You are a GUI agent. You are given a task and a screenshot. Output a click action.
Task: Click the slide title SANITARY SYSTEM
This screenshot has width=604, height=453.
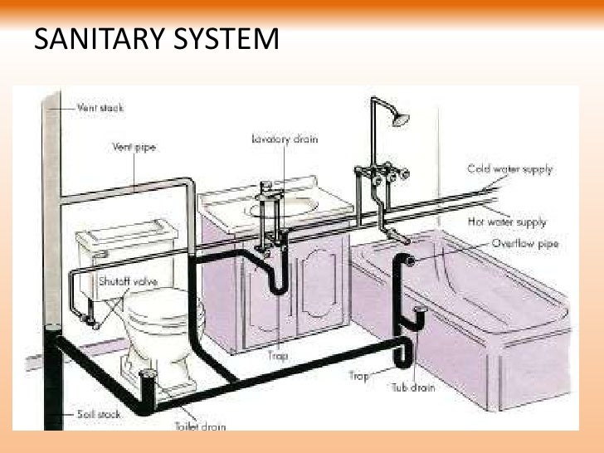tap(156, 39)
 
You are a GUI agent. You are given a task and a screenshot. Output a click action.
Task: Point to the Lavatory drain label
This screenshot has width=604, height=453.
tap(282, 139)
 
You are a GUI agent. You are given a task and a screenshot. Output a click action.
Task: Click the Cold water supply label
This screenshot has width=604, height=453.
tap(509, 168)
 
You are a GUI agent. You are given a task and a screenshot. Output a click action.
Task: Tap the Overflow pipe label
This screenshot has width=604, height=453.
tap(524, 244)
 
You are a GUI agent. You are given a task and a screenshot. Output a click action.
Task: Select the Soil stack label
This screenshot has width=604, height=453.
tap(100, 412)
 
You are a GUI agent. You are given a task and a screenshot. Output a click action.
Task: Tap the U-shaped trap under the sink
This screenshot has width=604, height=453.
tap(278, 282)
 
